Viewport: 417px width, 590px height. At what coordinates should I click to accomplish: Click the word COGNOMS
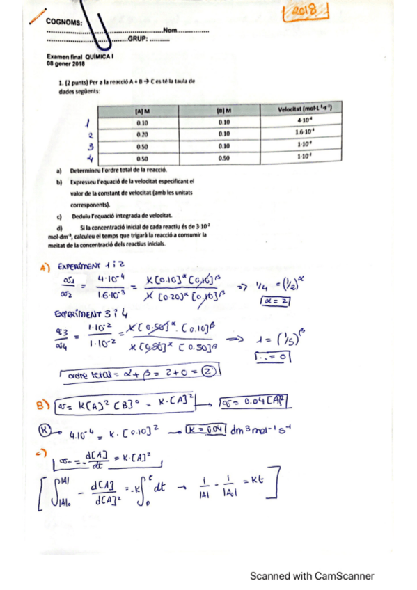[x=68, y=22]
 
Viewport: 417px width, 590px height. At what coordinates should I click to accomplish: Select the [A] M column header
[x=143, y=110]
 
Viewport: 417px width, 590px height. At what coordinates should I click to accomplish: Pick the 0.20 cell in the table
[x=143, y=134]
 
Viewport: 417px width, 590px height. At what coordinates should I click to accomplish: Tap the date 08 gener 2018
[x=65, y=64]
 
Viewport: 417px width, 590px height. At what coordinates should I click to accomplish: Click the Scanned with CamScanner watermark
[x=313, y=575]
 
